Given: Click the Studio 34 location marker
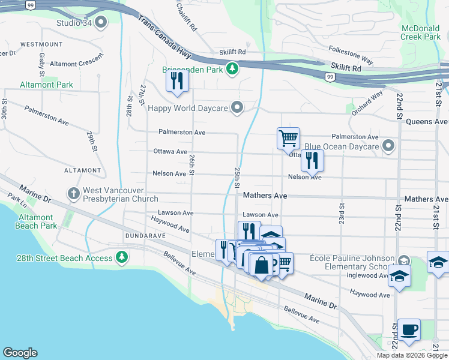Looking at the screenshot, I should (x=100, y=23).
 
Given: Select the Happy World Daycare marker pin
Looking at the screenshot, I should (x=238, y=108).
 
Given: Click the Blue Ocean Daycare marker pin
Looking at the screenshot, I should (x=390, y=146).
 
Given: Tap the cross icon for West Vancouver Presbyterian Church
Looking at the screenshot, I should (x=73, y=193).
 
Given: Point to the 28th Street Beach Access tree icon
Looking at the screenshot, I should (x=122, y=258).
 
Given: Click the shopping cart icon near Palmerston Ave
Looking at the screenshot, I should (x=288, y=138).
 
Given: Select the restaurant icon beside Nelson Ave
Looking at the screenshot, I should (x=312, y=160).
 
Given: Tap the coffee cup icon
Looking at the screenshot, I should (x=409, y=329).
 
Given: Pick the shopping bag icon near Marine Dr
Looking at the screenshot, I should (x=262, y=264).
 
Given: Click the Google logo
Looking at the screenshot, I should (x=20, y=353).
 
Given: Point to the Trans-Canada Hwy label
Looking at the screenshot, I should (x=164, y=37).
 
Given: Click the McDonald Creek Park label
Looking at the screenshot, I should (x=420, y=32).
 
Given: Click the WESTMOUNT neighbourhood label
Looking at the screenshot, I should (x=41, y=44).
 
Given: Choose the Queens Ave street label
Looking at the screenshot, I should (x=427, y=121).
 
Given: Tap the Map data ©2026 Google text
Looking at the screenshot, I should (x=412, y=355).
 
